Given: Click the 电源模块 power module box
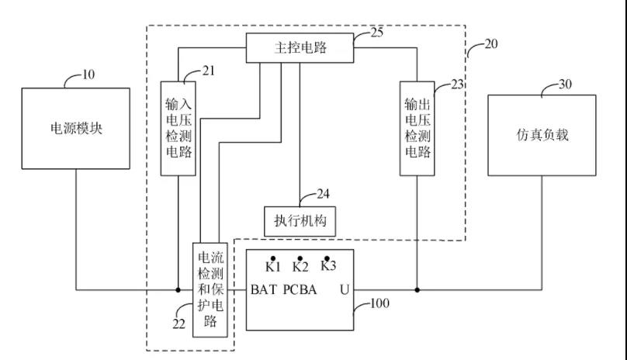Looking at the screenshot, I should coord(75,129).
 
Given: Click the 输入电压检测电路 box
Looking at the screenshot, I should coord(178,127).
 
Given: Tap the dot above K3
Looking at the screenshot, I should coord(327,257).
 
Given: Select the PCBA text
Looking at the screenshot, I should coord(300,290).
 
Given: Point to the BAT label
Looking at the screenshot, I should coord(264,290).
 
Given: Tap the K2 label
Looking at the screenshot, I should coord(300,267).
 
